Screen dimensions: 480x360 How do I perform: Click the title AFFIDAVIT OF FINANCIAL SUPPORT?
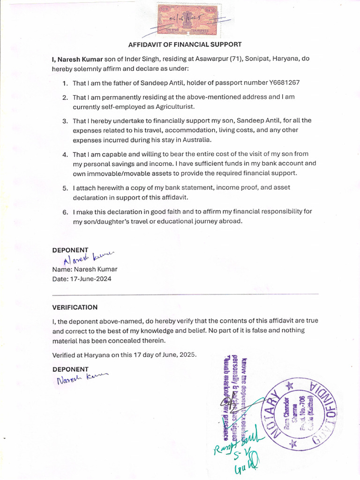[185, 45]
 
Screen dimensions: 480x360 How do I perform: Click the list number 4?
[65, 154]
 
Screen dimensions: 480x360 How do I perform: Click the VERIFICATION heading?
[75, 307]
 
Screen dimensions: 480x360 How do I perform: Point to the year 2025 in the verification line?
[187, 355]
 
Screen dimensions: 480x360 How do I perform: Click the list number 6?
[65, 212]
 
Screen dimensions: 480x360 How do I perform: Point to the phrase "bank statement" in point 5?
[178, 187]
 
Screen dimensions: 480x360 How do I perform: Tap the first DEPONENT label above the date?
[70, 250]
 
